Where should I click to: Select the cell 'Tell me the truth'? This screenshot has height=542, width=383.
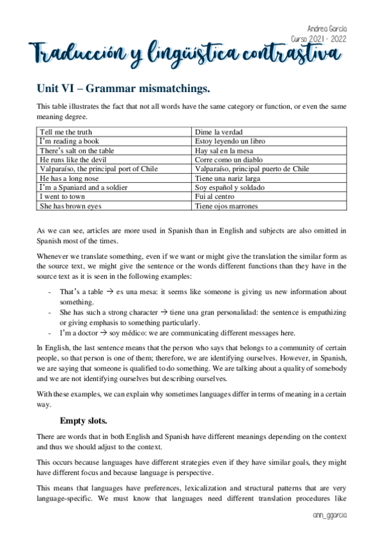click(x=65, y=132)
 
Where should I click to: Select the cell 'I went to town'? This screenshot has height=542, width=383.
click(x=62, y=197)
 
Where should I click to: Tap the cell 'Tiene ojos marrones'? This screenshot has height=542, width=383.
click(x=226, y=206)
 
